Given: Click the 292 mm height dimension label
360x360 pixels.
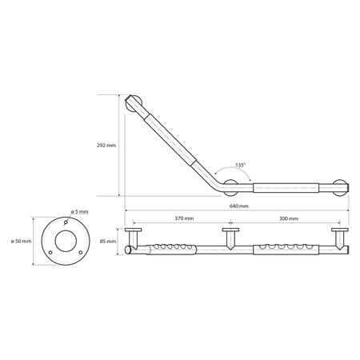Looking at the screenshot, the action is pyautogui.click(x=106, y=146).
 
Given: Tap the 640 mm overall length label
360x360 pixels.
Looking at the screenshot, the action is pyautogui.click(x=239, y=206).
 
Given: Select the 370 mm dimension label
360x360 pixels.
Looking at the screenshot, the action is pyautogui.click(x=184, y=218).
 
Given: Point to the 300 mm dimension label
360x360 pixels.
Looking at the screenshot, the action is pyautogui.click(x=289, y=218).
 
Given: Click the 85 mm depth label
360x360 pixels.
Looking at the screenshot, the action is pyautogui.click(x=108, y=242).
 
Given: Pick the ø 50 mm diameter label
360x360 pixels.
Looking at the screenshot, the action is pyautogui.click(x=21, y=242).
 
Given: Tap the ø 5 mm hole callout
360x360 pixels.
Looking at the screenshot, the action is pyautogui.click(x=79, y=212).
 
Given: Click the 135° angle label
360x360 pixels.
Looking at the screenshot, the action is pyautogui.click(x=240, y=165).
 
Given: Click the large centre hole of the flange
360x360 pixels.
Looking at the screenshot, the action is pyautogui.click(x=66, y=241).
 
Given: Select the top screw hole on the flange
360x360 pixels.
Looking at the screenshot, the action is pyautogui.click(x=66, y=222).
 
